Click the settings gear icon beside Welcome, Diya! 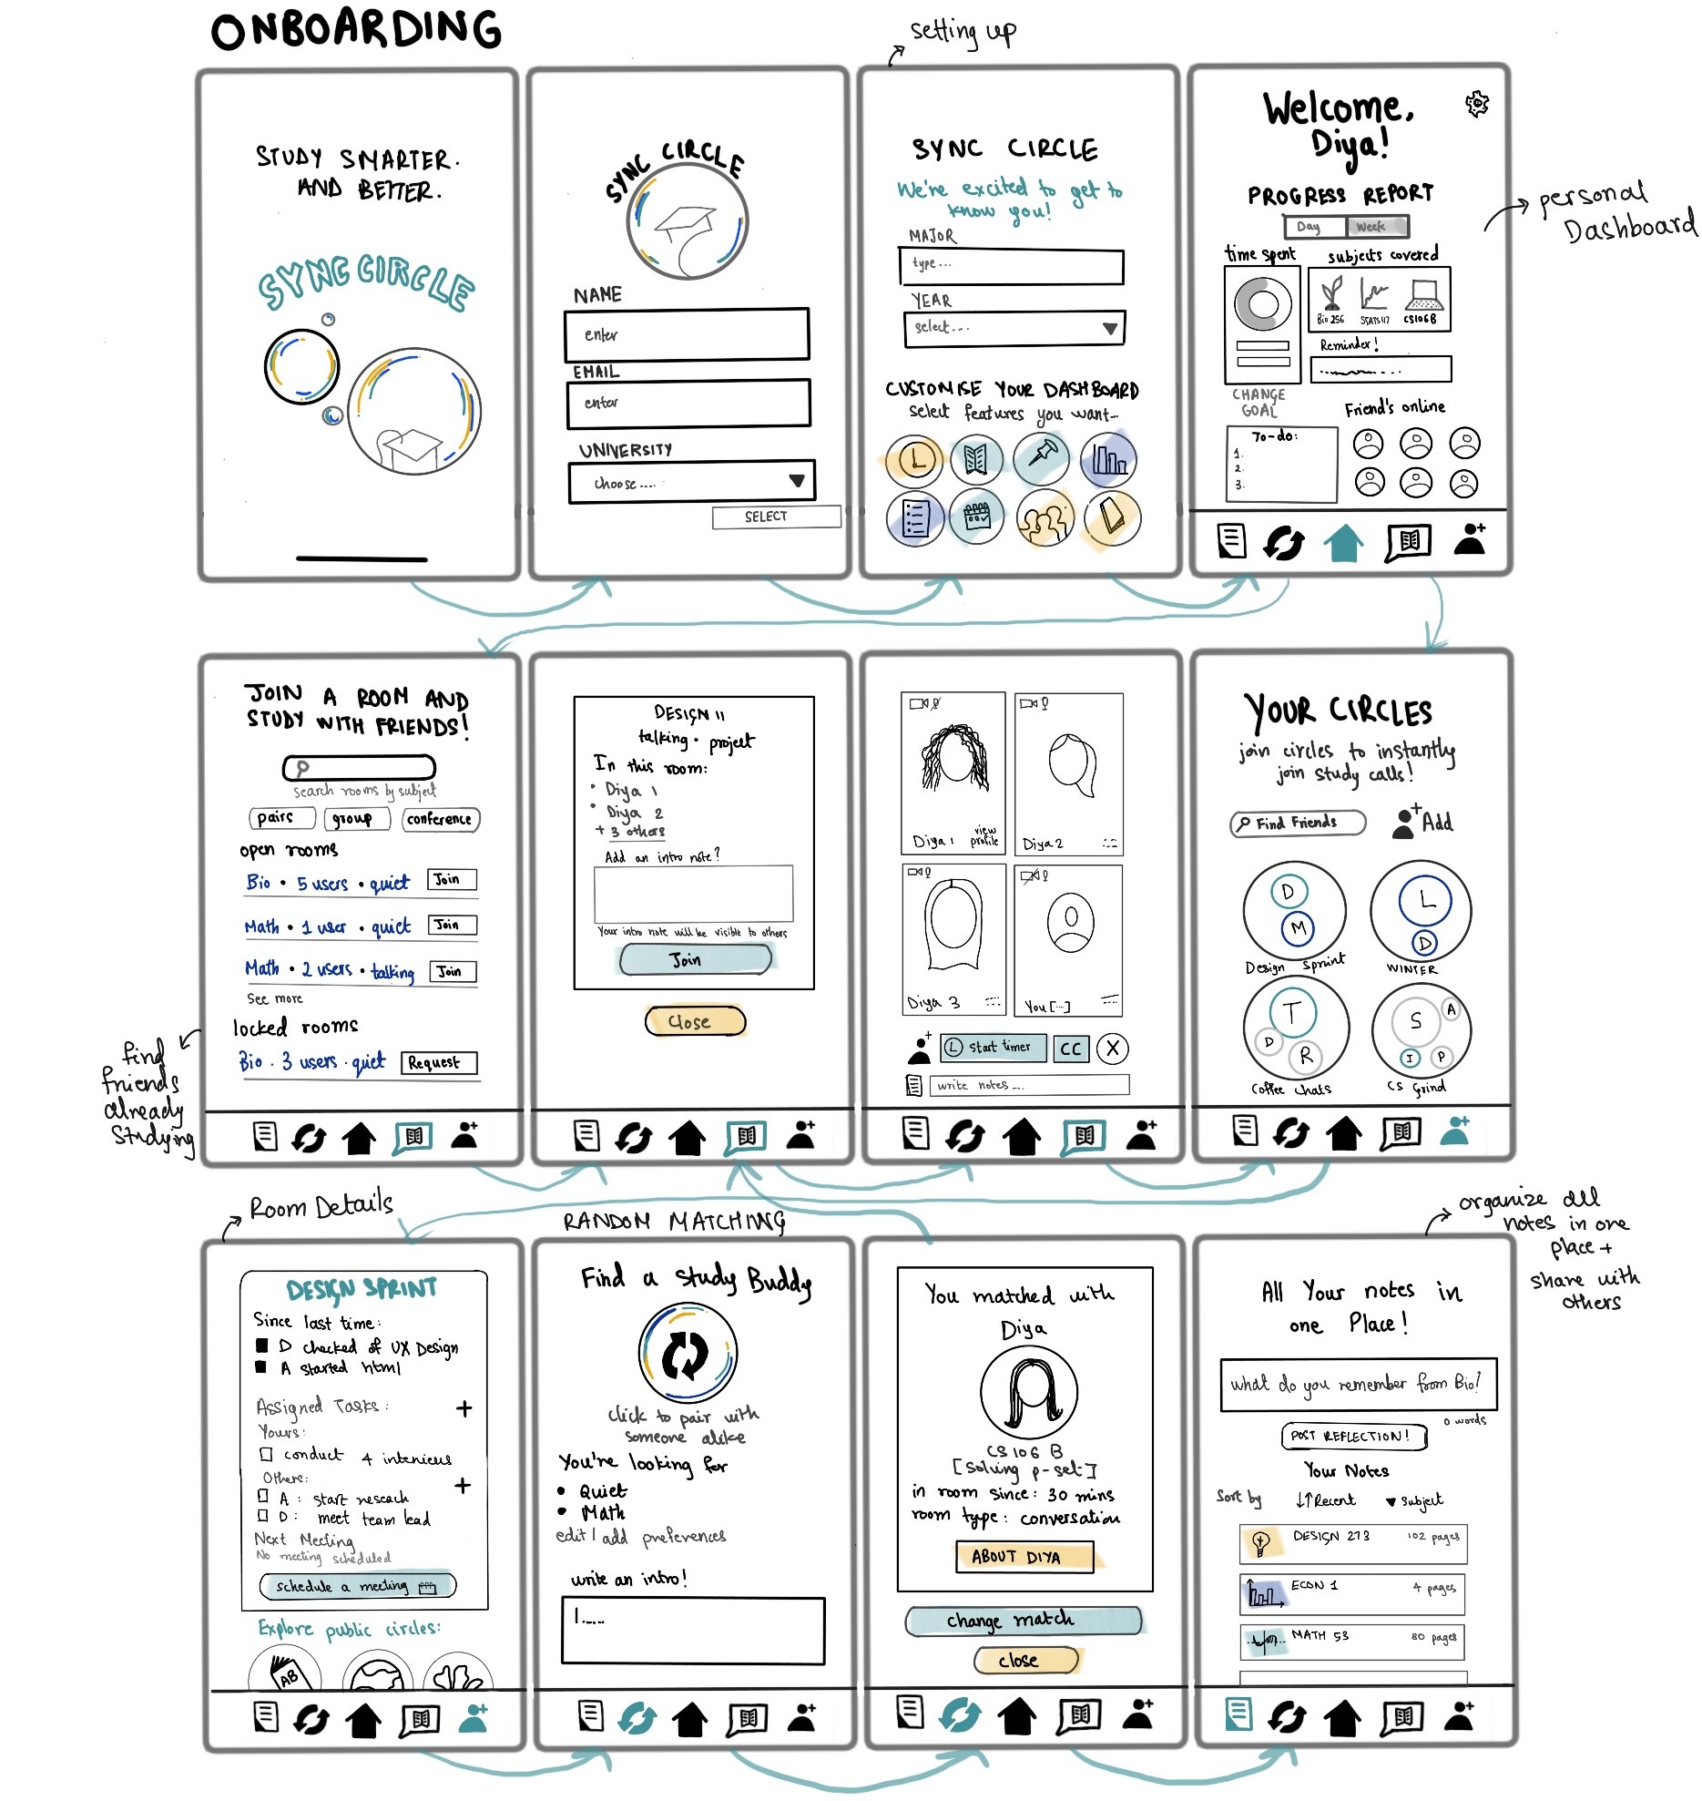click(x=1476, y=104)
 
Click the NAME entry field click(x=687, y=334)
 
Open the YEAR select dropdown click(x=1014, y=328)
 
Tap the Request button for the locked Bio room click(x=438, y=1062)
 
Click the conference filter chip click(x=440, y=819)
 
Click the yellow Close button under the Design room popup click(x=694, y=1021)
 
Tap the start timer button click(x=994, y=1048)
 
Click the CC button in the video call click(x=1071, y=1049)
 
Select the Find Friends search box click(x=1297, y=823)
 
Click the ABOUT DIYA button click(x=1024, y=1556)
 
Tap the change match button click(x=1023, y=1620)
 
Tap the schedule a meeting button click(x=357, y=1586)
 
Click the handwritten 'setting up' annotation click(x=963, y=33)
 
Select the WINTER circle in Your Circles click(x=1421, y=911)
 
